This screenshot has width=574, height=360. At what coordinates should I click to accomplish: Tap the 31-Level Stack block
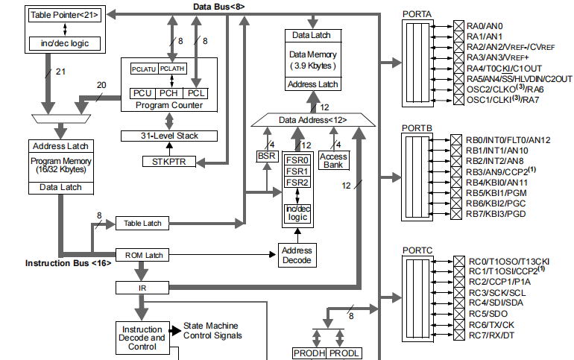tap(170, 136)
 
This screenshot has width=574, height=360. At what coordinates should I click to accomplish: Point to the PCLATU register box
tap(144, 69)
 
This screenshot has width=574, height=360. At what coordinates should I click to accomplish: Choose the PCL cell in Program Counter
tap(196, 93)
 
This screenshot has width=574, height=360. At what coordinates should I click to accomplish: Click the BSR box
tap(265, 156)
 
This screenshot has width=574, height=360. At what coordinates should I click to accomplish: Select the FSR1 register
tap(297, 171)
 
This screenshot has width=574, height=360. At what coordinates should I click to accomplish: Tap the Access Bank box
tap(333, 160)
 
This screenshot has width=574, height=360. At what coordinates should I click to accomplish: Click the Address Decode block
tap(297, 255)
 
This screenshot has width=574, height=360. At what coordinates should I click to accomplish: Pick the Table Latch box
tap(143, 224)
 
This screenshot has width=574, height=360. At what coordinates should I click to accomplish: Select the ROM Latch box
tap(143, 256)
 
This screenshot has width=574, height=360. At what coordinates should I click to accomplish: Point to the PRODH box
tap(308, 353)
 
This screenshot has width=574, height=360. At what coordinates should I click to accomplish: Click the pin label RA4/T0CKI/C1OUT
tap(506, 68)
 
